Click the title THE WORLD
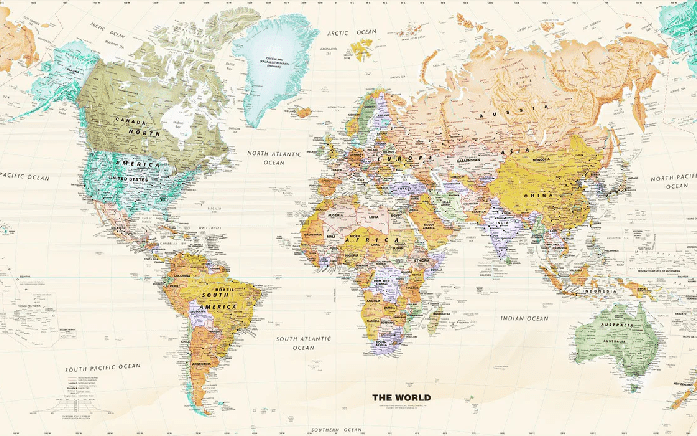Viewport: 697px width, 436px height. click(x=402, y=397)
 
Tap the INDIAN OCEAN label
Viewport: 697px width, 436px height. click(x=524, y=318)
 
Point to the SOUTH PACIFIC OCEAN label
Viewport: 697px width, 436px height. click(x=103, y=367)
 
